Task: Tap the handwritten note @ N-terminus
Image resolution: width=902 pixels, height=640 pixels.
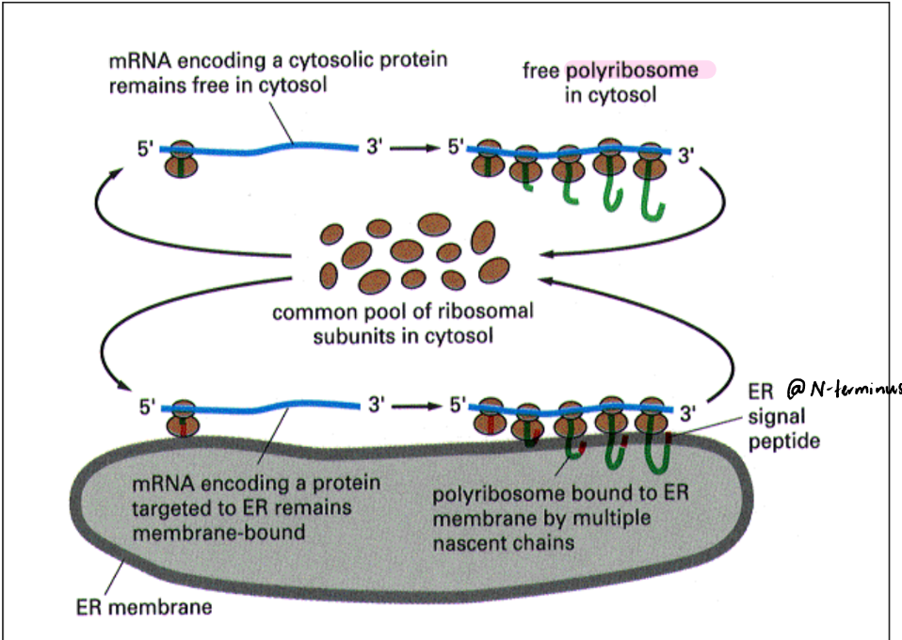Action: coord(842,387)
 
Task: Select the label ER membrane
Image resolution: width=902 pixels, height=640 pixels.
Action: coord(144,606)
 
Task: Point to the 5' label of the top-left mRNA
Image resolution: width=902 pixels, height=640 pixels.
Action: coord(146,149)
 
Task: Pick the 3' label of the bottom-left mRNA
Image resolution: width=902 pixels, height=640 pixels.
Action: coord(377,406)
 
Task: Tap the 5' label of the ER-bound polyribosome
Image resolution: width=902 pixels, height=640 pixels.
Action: coord(456,406)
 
